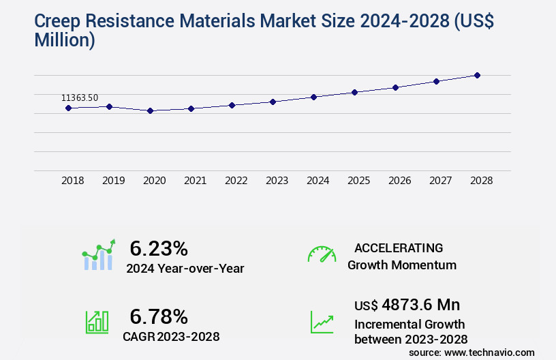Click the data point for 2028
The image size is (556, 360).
click(477, 75)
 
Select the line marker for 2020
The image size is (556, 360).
click(150, 110)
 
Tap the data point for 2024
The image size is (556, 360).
click(313, 97)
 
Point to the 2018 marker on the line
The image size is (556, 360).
click(68, 108)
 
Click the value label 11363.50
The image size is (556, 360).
click(80, 98)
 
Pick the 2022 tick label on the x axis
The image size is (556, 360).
click(236, 181)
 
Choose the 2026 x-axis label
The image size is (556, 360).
click(399, 181)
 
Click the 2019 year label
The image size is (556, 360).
click(113, 181)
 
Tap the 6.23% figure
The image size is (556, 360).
click(159, 247)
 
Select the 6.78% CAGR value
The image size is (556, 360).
click(159, 316)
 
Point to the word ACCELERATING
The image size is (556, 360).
click(399, 247)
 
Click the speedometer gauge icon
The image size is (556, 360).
click(322, 254)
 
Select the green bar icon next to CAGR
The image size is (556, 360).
click(97, 322)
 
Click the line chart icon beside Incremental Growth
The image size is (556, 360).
click(322, 322)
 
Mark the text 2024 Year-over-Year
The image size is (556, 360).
click(185, 268)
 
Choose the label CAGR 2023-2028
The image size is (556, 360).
click(171, 336)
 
